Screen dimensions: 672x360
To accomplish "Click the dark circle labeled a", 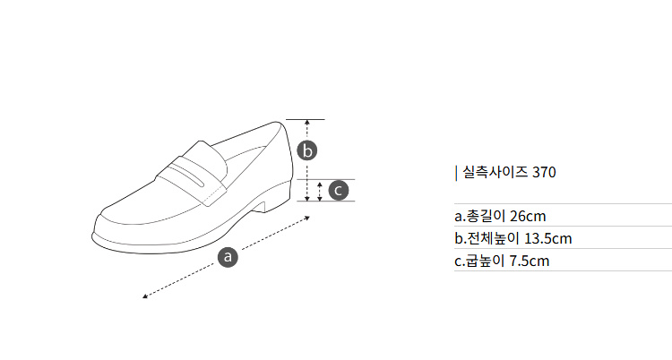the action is click(x=228, y=257).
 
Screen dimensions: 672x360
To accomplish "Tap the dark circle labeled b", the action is click(x=307, y=150).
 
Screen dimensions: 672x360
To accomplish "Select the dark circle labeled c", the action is click(x=339, y=190).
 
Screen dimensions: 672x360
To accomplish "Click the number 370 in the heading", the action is click(x=544, y=172).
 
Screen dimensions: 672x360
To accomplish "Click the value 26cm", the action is click(x=528, y=216).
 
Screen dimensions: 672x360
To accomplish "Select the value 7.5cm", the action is click(x=529, y=261).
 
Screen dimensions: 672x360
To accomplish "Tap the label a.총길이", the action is click(x=480, y=216).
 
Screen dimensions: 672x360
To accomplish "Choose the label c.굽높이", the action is click(x=479, y=261).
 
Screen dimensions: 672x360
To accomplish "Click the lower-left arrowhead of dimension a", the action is click(x=145, y=296).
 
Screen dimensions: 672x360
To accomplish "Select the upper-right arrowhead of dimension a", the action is click(x=307, y=219).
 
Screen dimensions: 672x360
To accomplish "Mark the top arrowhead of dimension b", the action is click(x=306, y=123).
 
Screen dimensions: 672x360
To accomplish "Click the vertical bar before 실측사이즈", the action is click(x=456, y=173).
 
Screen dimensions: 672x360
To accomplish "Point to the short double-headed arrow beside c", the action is click(x=320, y=191).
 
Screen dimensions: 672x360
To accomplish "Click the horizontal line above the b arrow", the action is click(x=306, y=120).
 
